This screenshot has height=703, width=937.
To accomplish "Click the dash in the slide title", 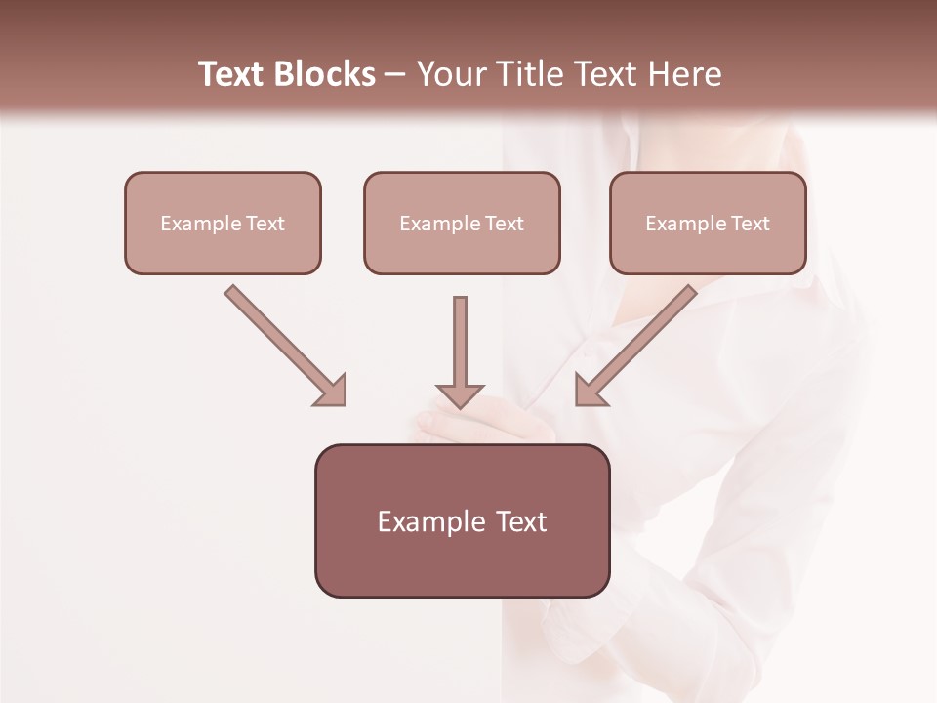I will (395, 75).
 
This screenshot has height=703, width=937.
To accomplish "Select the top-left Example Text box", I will (223, 223).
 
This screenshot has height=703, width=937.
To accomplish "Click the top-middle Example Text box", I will (462, 223).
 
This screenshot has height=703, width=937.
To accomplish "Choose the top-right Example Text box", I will (708, 223).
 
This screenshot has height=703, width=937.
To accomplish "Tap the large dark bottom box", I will (462, 520).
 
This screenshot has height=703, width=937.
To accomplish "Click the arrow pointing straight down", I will (460, 347).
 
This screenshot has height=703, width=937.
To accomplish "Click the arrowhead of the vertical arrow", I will (460, 394).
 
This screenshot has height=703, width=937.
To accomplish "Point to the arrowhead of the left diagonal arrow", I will (333, 391).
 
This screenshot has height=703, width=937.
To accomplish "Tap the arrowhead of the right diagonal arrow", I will (589, 391).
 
